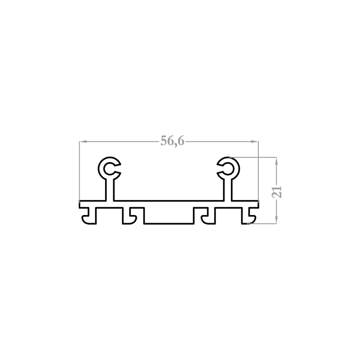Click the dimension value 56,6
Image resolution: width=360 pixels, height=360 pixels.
tap(172, 141)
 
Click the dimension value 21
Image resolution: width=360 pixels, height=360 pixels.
tap(277, 192)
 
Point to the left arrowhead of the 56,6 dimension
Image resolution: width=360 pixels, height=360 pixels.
tap(83, 142)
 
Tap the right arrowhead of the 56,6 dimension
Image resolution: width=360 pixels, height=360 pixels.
tap(254, 142)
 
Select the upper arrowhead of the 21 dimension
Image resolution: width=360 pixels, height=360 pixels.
tap(276, 161)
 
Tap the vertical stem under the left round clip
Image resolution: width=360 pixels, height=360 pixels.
tap(109, 190)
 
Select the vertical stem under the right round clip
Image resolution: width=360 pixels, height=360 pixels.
tap(228, 190)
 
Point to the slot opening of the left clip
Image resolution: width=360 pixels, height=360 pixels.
tap(118, 168)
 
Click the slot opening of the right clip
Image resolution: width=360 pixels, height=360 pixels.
tap(220, 168)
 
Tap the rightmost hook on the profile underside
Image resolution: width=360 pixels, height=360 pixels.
tap(249, 216)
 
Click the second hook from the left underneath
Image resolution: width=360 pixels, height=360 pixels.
tap(129, 216)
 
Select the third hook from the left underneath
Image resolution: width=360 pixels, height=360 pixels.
tap(208, 216)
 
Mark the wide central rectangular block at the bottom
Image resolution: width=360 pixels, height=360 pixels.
tap(169, 216)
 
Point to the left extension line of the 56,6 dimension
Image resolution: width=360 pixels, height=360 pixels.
tap(79, 171)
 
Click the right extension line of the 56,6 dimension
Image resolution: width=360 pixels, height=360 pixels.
tap(258, 171)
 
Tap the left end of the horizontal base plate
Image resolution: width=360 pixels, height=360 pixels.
tap(79, 204)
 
